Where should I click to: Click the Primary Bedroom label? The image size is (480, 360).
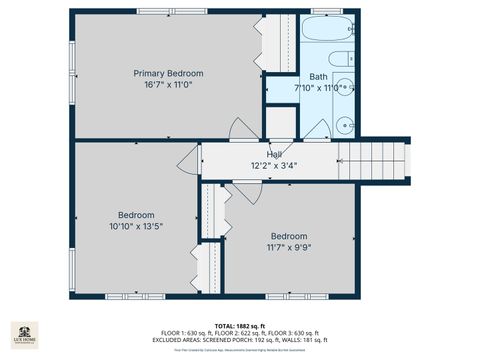coord(169,73)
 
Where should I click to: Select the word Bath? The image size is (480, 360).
coord(318,76)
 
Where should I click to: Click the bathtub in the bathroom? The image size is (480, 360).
coord(323,29)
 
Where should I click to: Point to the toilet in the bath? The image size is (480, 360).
coord(339,58)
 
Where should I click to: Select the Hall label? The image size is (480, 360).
coord(273,154)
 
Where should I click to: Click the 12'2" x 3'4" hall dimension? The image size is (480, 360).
coord(273,166)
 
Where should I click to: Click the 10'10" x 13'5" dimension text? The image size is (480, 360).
coord(136,227)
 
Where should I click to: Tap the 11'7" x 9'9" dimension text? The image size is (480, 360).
coord(289,247)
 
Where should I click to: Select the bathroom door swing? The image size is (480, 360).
coord(322,129)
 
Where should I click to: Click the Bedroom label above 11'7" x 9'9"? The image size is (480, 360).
coord(289,236)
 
